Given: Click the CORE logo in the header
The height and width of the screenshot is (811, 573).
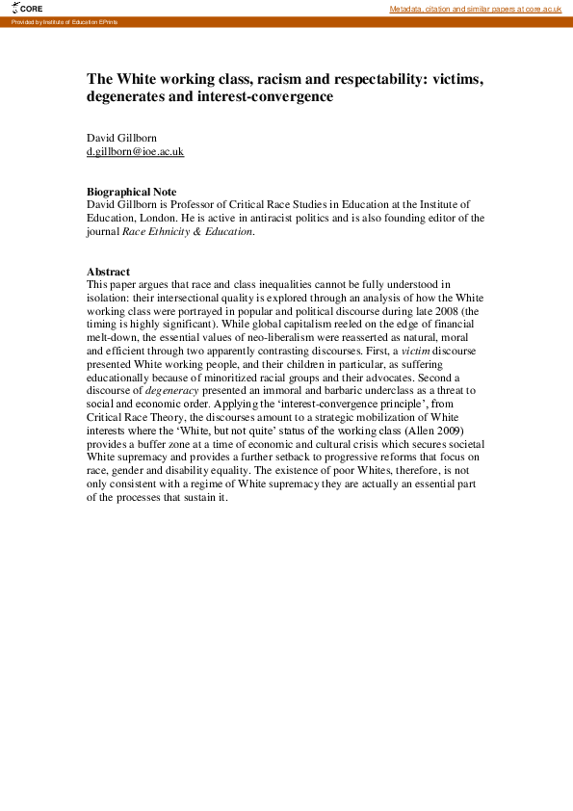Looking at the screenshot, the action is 27,8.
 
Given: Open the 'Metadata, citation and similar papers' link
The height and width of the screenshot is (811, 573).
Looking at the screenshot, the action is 475,9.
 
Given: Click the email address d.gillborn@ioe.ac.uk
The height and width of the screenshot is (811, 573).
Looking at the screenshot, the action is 135,152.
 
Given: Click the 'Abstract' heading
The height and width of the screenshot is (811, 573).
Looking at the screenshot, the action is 108,272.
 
